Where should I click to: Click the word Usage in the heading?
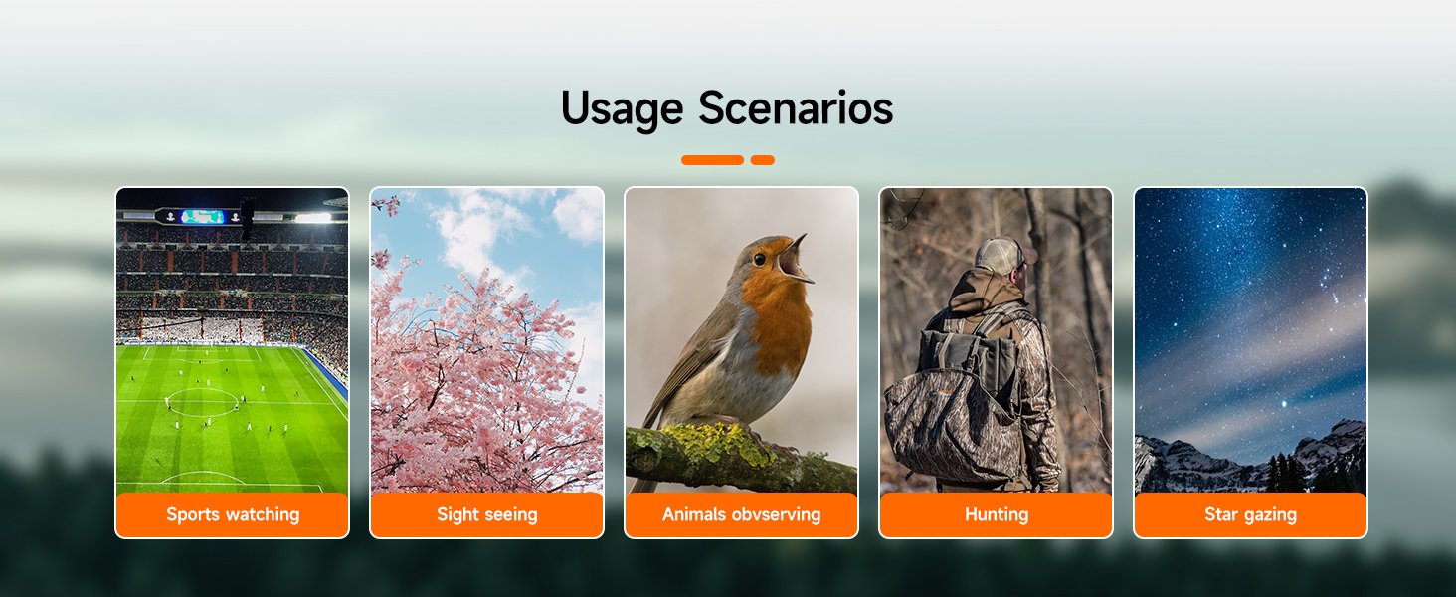622,109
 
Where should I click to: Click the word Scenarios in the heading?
796,107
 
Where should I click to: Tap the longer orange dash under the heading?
712,160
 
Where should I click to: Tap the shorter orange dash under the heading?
763,160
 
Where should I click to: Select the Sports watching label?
233,514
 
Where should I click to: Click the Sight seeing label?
487,514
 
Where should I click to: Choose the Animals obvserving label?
742,514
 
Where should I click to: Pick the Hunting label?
997,514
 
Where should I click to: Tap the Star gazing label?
1250,514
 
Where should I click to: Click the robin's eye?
759,259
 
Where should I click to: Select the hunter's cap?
1001,255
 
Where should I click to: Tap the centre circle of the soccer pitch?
203,402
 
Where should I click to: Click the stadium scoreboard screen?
202,217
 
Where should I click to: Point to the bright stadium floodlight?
313,218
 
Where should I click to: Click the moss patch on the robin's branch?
721,442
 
